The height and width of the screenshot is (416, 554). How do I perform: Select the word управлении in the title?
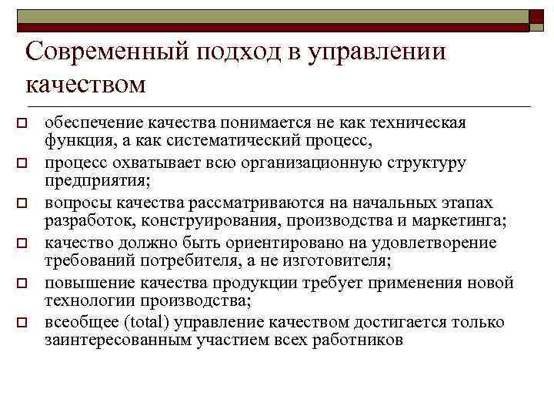(378, 53)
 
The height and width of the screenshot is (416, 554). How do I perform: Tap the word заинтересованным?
(108, 342)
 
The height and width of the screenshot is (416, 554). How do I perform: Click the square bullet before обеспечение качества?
(23, 123)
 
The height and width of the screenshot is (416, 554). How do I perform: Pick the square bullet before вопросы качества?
(23, 203)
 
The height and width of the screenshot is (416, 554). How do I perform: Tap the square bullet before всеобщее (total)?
(23, 323)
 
